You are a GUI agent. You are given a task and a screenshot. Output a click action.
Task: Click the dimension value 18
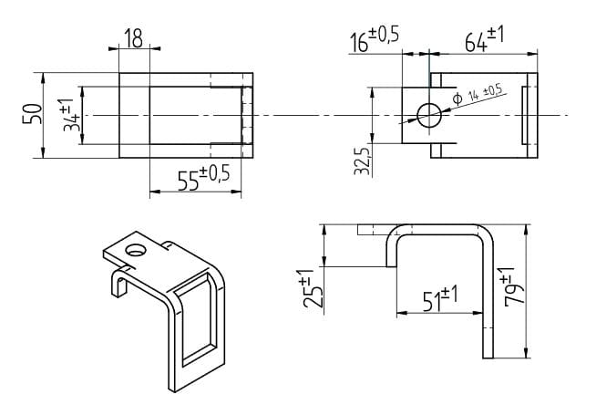pos(134,38)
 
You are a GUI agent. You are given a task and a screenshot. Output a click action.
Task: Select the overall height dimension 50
pos(32,114)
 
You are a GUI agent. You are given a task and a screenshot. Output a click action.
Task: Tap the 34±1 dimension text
pos(70,115)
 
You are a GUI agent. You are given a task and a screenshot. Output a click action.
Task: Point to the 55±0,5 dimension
pos(204,178)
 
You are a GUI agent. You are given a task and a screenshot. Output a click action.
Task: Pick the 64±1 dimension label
pos(485,39)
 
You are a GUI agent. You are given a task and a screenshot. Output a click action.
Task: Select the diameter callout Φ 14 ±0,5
pos(478,94)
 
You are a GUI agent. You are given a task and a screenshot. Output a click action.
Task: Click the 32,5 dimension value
pos(362,161)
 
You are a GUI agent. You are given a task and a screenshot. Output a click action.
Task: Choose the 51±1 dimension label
pos(440,298)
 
